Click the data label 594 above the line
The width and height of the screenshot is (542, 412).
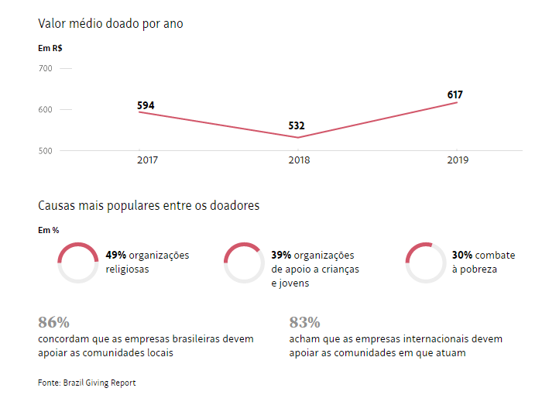pos(146,105)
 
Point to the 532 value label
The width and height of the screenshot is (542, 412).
pos(297,125)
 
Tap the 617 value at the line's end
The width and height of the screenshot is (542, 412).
pos(455,94)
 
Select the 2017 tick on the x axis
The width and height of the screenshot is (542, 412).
pos(148,160)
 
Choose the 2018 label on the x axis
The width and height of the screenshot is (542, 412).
pos(299,160)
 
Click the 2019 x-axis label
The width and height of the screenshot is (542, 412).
pos(458,160)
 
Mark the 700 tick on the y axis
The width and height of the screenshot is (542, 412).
pos(45,69)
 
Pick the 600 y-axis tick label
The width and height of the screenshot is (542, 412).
pos(45,110)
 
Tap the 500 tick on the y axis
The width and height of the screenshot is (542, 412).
pos(45,151)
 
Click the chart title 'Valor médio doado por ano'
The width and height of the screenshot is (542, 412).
pos(110,23)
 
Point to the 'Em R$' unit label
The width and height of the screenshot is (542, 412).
pos(50,48)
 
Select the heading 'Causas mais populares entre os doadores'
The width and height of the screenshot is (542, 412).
pos(149,206)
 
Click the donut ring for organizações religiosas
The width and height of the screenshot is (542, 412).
pos(78,263)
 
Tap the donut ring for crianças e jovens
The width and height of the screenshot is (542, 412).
pos(244,263)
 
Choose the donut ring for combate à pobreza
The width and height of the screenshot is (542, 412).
pos(426,263)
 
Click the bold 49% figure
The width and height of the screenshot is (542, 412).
pos(116,255)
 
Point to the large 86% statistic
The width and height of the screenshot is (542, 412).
pos(53,322)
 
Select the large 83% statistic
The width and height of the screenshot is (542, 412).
pos(304,322)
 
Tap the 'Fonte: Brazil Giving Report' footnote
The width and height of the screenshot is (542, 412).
pos(87,383)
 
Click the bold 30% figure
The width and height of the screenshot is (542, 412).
pos(463,255)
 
